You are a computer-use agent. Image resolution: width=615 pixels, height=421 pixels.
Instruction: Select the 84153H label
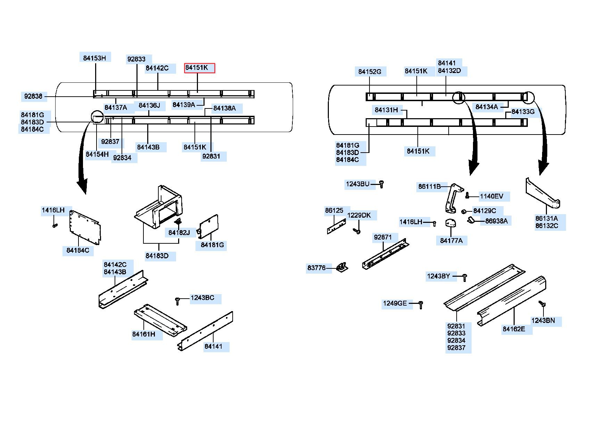94,58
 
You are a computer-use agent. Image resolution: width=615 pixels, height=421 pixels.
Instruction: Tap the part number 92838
33,96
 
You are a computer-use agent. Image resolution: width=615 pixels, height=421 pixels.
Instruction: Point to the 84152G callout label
369,72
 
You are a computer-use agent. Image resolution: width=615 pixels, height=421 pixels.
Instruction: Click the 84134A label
487,107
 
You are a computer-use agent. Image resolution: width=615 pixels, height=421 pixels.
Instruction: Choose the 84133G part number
523,112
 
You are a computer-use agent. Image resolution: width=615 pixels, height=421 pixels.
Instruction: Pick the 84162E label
514,329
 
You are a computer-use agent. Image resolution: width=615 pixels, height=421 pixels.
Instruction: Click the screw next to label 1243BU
381,184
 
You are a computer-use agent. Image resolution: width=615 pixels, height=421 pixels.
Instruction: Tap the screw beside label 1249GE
421,305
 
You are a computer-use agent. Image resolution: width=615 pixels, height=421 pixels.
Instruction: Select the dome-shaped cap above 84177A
451,223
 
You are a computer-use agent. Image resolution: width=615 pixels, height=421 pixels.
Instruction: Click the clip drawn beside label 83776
342,267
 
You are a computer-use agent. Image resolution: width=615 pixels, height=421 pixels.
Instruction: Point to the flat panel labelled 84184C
85,227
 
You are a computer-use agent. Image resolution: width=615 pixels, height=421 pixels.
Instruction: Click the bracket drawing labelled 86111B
453,198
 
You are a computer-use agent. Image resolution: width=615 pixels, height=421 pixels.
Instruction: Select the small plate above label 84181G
208,226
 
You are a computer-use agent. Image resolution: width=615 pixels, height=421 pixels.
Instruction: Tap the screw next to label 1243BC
178,301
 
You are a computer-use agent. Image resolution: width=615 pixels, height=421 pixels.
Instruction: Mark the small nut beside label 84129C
464,212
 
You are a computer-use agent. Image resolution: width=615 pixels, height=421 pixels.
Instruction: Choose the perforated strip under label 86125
336,226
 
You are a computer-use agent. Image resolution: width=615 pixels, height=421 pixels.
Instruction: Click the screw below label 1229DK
357,230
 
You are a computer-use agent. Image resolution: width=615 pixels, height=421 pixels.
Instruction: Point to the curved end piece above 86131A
543,193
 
